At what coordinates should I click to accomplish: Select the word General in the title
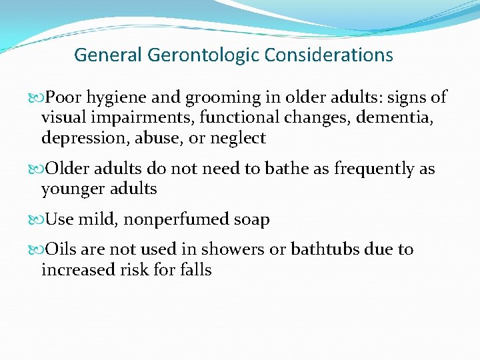(x=106, y=55)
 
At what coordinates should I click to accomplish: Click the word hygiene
(x=119, y=98)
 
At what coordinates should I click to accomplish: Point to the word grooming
(x=224, y=98)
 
